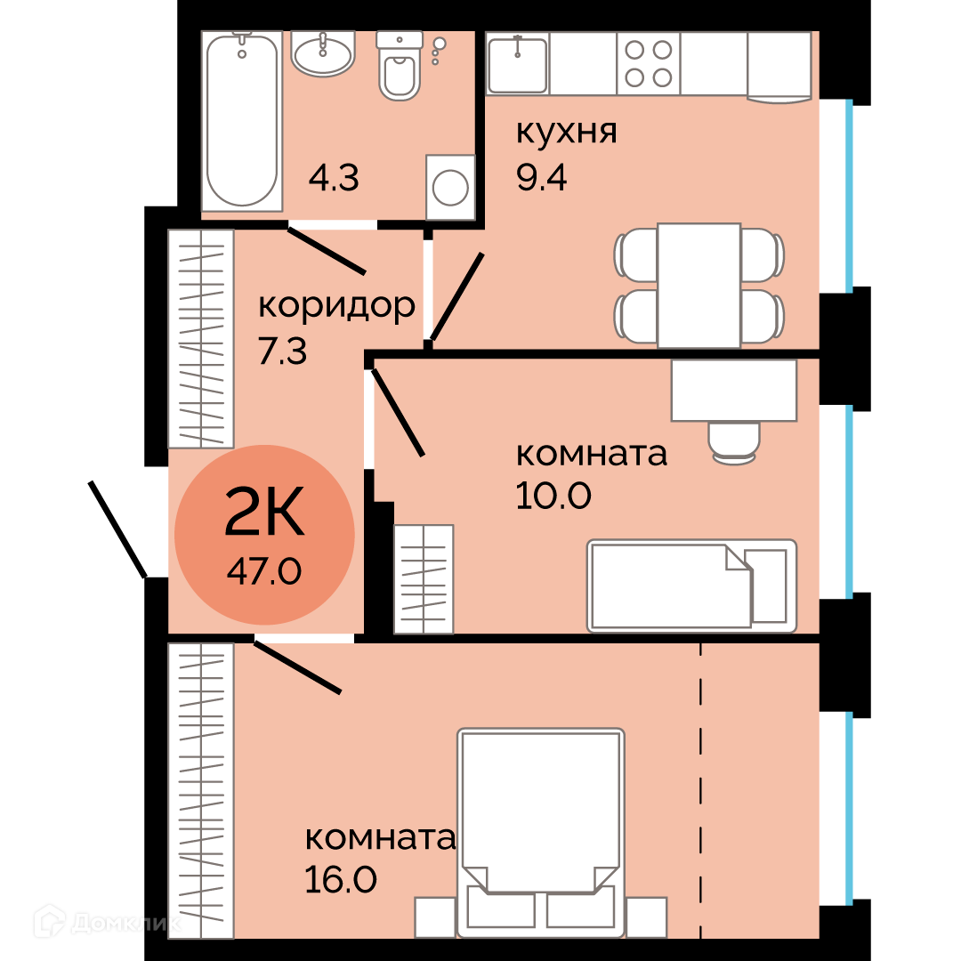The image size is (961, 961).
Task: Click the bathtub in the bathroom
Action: pyautogui.click(x=242, y=121)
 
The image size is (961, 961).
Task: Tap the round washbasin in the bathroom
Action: pyautogui.click(x=322, y=54)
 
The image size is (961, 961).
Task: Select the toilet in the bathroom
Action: pyautogui.click(x=400, y=66)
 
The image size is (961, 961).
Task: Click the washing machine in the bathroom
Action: pyautogui.click(x=450, y=188)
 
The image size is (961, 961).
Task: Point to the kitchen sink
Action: pyautogui.click(x=518, y=64)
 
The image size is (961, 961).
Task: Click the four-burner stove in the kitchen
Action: pyautogui.click(x=649, y=64)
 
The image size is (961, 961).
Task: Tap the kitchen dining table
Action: pyautogui.click(x=699, y=286)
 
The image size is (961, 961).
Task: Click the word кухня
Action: pyautogui.click(x=566, y=133)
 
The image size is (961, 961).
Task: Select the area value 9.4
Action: pyautogui.click(x=541, y=177)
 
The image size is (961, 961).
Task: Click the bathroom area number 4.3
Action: pyautogui.click(x=334, y=178)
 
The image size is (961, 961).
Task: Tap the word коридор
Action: pyautogui.click(x=336, y=306)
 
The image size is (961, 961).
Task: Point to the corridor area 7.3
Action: pyautogui.click(x=283, y=351)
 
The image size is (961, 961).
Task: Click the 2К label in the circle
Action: pyautogui.click(x=264, y=511)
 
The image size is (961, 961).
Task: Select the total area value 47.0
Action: pyautogui.click(x=264, y=572)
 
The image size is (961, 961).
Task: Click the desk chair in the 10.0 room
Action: pyautogui.click(x=734, y=442)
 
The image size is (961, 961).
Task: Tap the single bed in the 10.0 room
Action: pyautogui.click(x=692, y=585)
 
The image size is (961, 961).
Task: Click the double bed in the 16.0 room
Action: pyautogui.click(x=541, y=833)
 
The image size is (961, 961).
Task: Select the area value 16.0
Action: pyautogui.click(x=341, y=880)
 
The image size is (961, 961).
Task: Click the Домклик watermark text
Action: pyautogui.click(x=125, y=923)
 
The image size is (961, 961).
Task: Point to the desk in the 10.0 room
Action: pyautogui.click(x=734, y=391)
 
